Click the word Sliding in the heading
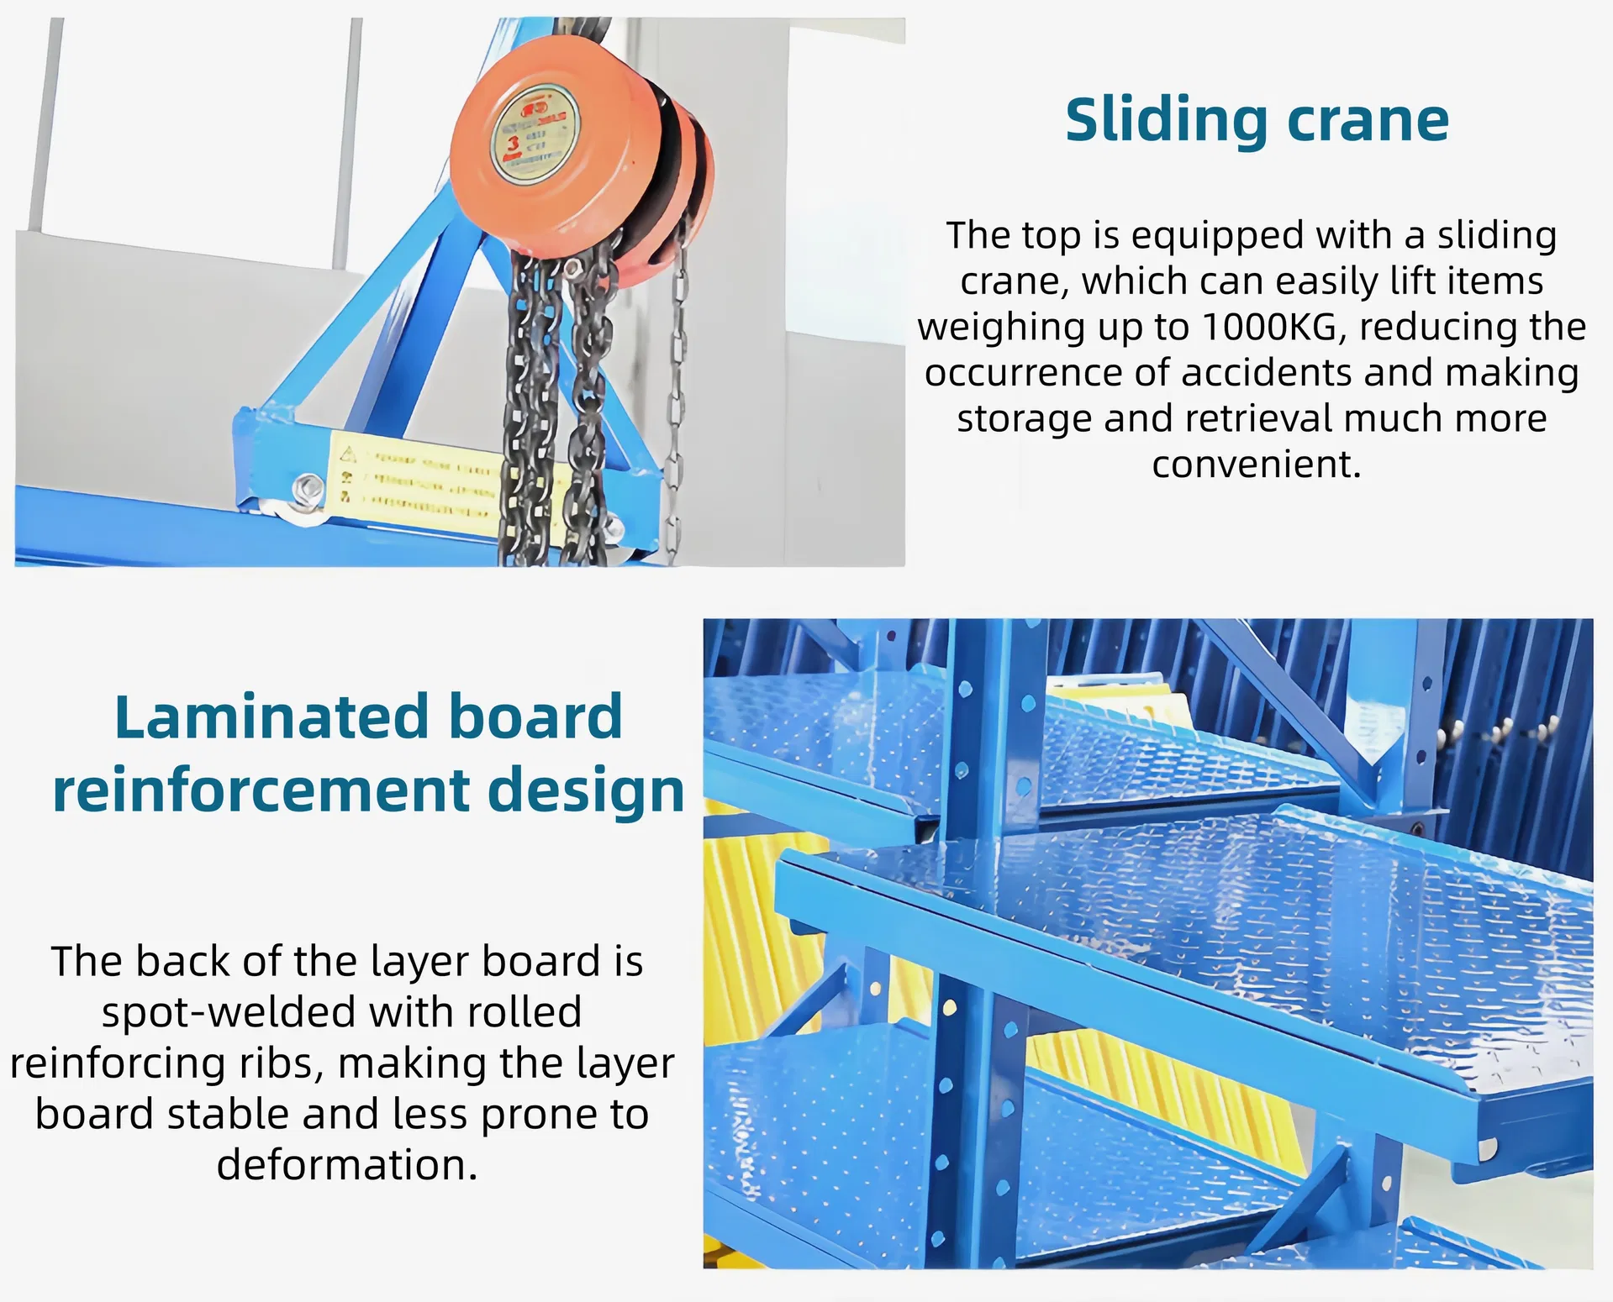coord(1167,120)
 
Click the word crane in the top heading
coord(1368,120)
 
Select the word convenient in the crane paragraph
coord(1255,464)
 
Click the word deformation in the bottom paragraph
coord(346,1165)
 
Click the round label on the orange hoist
coord(535,134)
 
